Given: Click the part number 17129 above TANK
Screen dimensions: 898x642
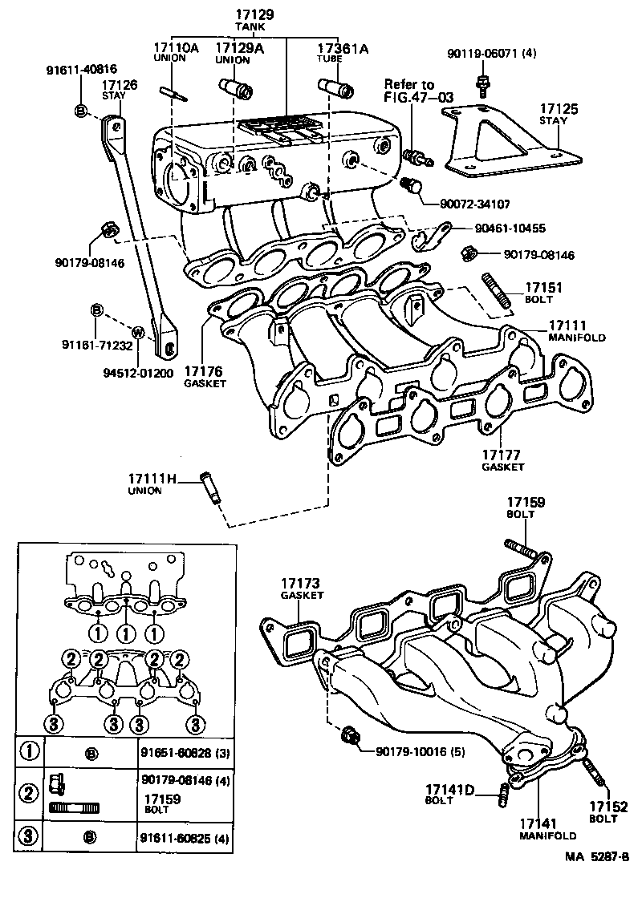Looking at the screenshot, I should pyautogui.click(x=254, y=14).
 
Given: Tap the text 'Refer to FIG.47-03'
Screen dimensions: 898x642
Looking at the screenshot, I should pyautogui.click(x=418, y=91).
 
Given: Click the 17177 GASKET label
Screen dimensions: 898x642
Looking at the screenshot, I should pyautogui.click(x=503, y=459).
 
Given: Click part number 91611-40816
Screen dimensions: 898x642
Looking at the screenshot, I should pyautogui.click(x=80, y=70).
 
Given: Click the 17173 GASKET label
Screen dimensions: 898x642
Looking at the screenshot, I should pyautogui.click(x=301, y=589).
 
